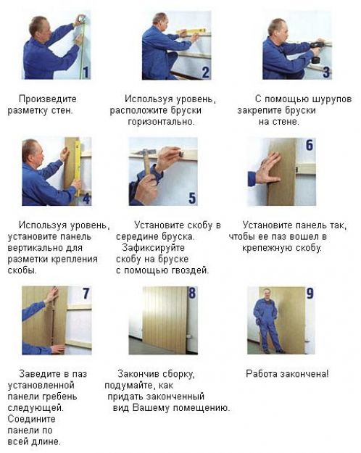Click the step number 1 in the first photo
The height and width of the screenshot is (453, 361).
[86, 72]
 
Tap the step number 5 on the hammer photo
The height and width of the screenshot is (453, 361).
[192, 198]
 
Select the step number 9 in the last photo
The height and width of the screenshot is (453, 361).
[310, 294]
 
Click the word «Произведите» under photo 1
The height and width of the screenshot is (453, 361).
[48, 99]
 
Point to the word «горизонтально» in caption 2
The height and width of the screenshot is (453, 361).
[161, 122]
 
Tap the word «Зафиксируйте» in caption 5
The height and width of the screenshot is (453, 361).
[153, 248]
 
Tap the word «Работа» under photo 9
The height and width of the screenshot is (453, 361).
[259, 374]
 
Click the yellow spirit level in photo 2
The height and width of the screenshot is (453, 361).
[191, 31]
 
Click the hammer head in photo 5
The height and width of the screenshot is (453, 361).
[149, 151]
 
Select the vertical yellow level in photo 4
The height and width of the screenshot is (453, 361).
[78, 168]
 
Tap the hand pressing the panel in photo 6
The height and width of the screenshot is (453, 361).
[267, 169]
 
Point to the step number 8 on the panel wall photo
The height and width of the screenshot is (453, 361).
[192, 293]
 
